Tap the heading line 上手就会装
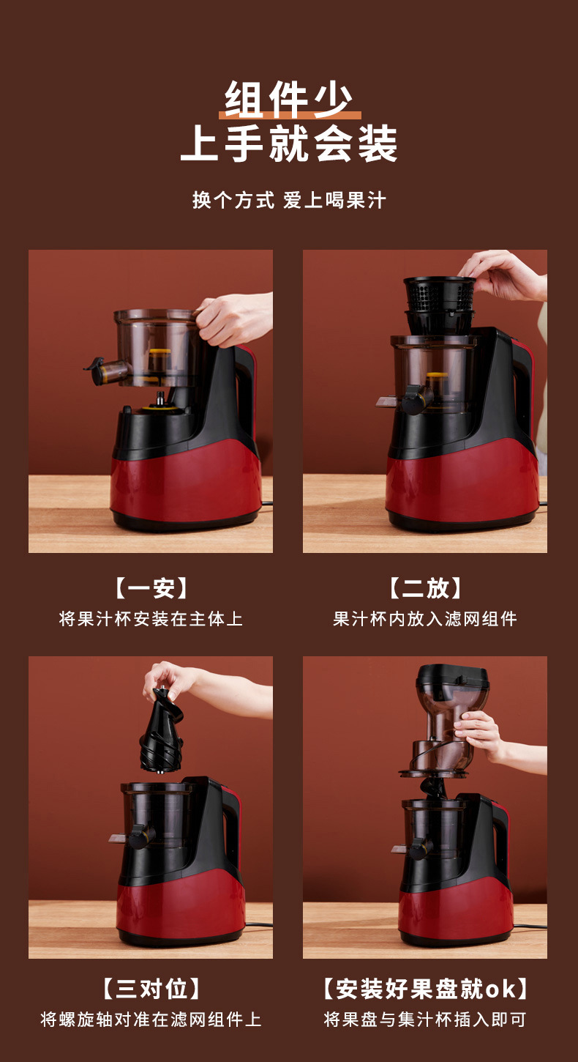tap(288, 143)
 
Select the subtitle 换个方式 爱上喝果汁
tap(289, 200)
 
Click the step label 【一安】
tap(151, 588)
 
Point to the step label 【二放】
tap(425, 588)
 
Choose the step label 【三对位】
tap(151, 989)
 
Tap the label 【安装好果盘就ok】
tap(425, 989)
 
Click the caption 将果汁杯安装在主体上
tap(151, 619)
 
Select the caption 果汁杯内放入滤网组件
tap(425, 619)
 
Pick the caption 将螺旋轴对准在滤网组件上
tap(151, 1020)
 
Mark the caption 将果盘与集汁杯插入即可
tap(425, 1020)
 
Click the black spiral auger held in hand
tap(161, 730)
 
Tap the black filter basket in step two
tap(439, 303)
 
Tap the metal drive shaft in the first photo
tap(161, 398)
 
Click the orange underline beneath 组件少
tap(290, 115)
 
